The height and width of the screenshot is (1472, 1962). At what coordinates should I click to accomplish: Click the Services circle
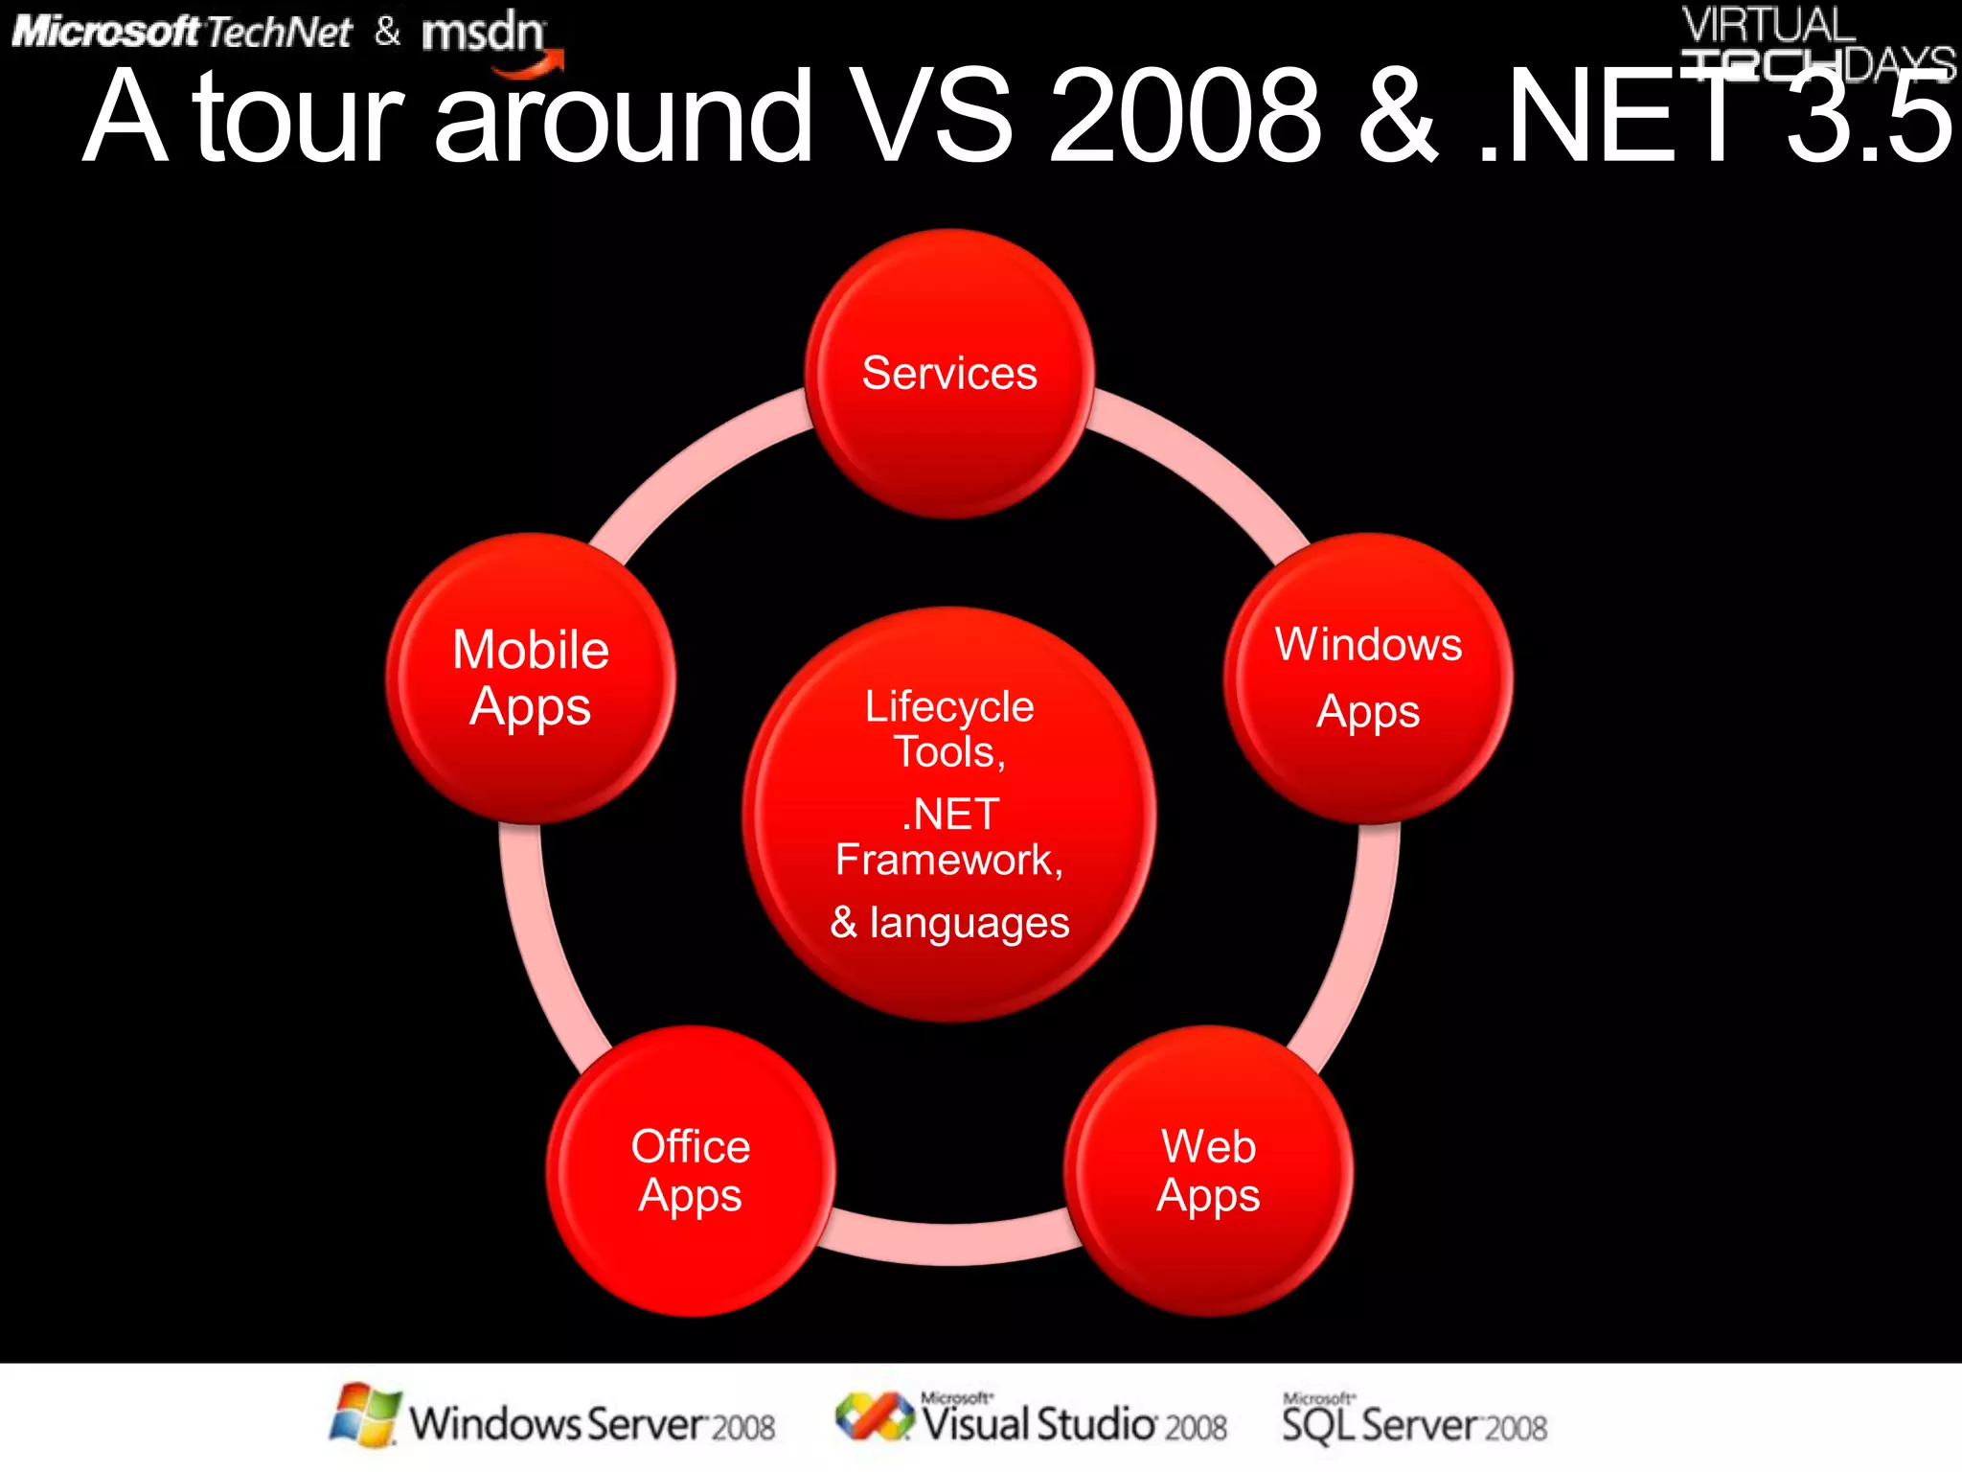(x=948, y=374)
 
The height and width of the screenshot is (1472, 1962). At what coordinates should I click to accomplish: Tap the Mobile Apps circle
(x=530, y=678)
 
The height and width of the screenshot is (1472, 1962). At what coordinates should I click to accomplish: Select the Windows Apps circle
(x=1368, y=678)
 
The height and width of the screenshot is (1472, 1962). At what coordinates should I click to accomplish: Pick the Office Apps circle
(x=690, y=1170)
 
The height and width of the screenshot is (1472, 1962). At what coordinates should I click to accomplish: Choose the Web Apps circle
(x=1208, y=1170)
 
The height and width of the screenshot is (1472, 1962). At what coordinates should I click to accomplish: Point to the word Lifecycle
(x=948, y=707)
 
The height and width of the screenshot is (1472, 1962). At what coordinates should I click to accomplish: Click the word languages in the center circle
(x=969, y=923)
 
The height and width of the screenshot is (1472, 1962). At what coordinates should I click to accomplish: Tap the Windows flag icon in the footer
(x=364, y=1414)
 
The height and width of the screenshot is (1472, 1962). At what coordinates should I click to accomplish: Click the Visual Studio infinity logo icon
(x=874, y=1416)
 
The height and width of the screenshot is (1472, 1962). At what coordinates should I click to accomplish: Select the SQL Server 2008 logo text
(x=1414, y=1423)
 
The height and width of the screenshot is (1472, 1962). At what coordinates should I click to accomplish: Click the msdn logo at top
(x=484, y=34)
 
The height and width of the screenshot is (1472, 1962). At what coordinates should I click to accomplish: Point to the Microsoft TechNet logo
(x=182, y=33)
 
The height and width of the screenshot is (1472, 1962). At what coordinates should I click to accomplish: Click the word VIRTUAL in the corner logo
(x=1768, y=25)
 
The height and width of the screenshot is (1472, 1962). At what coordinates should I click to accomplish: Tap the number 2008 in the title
(x=1185, y=117)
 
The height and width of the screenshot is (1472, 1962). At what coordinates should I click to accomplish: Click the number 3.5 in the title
(x=1868, y=117)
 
